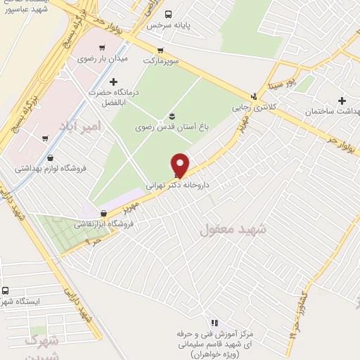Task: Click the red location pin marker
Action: (x=181, y=165)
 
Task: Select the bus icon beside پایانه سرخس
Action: (x=167, y=14)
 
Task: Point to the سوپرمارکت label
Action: (x=162, y=61)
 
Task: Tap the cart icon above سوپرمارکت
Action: (x=161, y=50)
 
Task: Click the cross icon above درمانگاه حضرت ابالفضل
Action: (x=113, y=82)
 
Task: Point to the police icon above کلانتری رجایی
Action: (x=254, y=97)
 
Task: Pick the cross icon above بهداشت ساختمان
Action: (x=342, y=101)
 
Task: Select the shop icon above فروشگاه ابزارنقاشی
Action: (x=103, y=213)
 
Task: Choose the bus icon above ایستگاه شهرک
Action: (x=6, y=290)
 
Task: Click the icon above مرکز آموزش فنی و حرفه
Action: (x=214, y=322)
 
